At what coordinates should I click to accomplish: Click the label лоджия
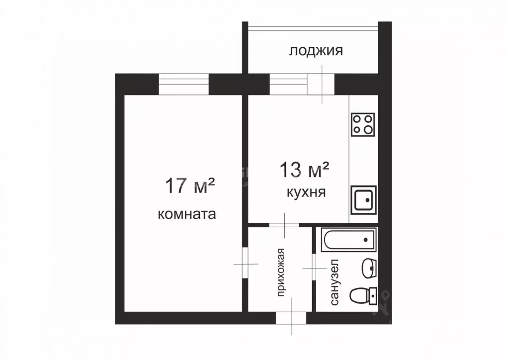[316, 51]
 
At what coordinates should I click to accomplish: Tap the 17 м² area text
[189, 186]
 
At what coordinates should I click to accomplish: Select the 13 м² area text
[305, 170]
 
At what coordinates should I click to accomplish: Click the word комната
[186, 214]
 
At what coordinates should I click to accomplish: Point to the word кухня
[306, 192]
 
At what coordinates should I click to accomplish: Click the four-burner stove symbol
[363, 125]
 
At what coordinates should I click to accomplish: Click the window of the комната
[183, 84]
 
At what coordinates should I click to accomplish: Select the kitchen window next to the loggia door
[288, 84]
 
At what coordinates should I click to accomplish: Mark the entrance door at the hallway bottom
[292, 318]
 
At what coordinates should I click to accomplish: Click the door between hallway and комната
[246, 264]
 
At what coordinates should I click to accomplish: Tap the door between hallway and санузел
[314, 269]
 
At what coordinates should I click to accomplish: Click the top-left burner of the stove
[357, 119]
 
